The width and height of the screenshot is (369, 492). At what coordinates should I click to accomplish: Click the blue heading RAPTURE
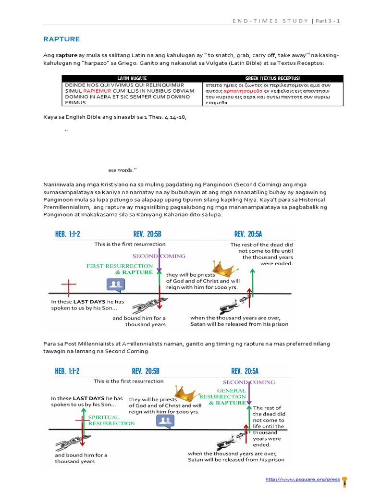[x=61, y=39]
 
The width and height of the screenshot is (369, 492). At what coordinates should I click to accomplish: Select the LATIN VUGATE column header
[x=132, y=78]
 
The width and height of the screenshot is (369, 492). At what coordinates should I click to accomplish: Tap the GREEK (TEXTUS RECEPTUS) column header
[x=272, y=78]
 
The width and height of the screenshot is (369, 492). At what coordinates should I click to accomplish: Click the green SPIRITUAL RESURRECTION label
[x=111, y=420]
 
